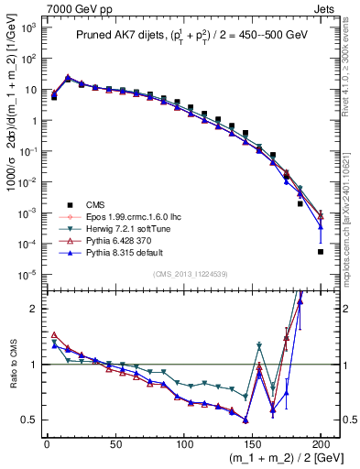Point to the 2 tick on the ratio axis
click(x=30, y=309)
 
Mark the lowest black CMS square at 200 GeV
click(x=321, y=252)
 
